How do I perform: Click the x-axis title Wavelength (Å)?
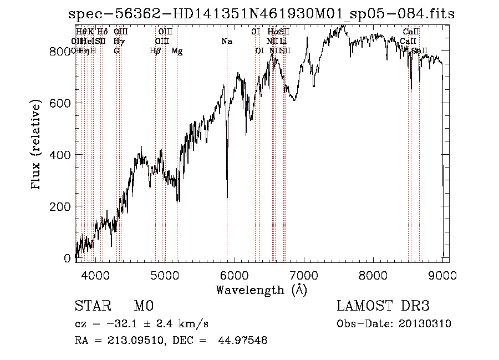pyautogui.click(x=261, y=290)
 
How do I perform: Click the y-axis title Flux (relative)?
pyautogui.click(x=37, y=145)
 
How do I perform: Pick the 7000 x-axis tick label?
pyautogui.click(x=304, y=274)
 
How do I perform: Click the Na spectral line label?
pyautogui.click(x=226, y=42)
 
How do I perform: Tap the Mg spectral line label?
pyautogui.click(x=177, y=51)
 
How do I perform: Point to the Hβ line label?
pyautogui.click(x=155, y=51)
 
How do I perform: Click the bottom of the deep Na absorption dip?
pyautogui.click(x=227, y=196)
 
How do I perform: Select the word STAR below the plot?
pyautogui.click(x=92, y=306)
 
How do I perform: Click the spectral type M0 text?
pyautogui.click(x=144, y=306)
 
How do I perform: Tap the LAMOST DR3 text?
pyautogui.click(x=383, y=306)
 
